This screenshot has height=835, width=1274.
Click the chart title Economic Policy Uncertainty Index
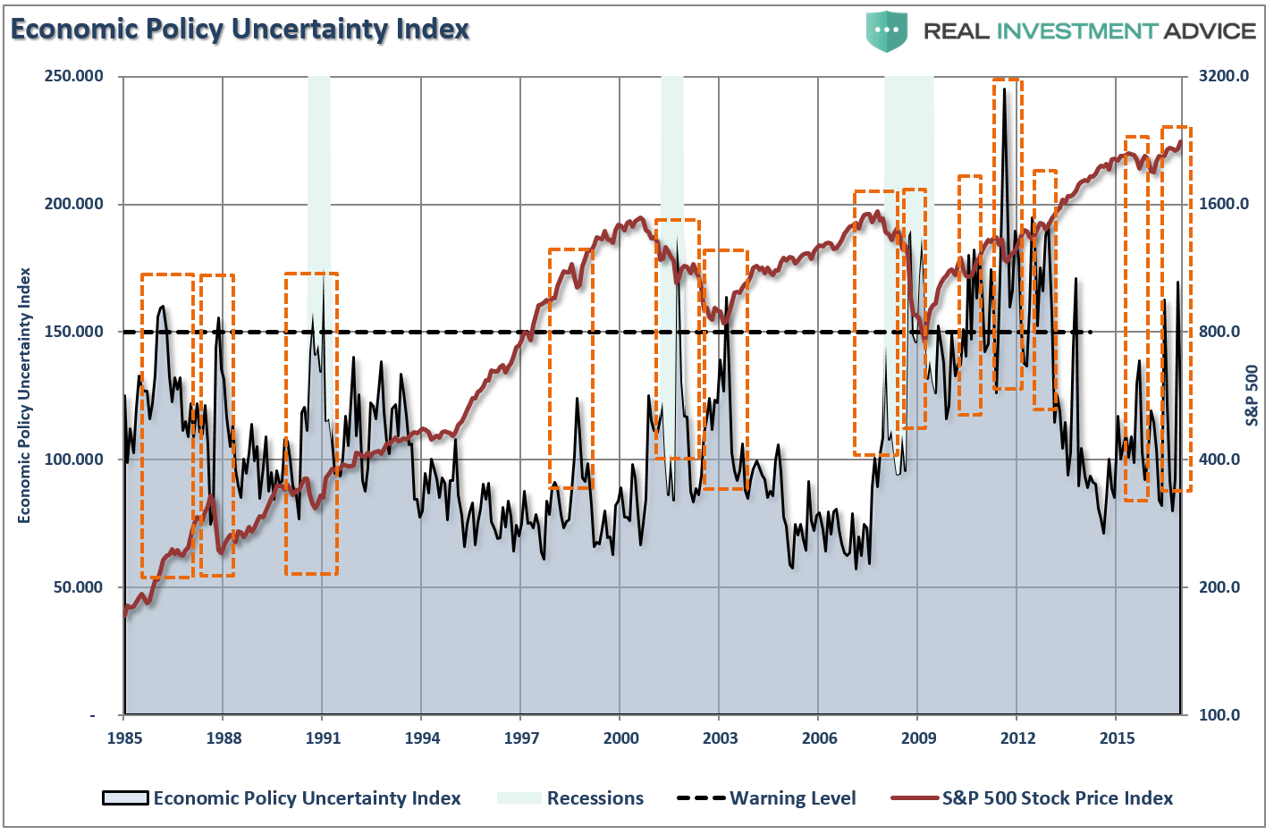point(240,30)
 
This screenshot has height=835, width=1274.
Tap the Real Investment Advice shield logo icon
point(886,30)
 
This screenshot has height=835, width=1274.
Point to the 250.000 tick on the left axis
point(74,76)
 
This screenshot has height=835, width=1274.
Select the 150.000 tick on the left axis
point(74,332)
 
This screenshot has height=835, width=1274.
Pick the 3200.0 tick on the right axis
point(1223,76)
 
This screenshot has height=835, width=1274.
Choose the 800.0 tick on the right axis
point(1219,332)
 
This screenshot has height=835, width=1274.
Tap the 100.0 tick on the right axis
point(1219,715)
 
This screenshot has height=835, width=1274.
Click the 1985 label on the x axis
point(124,738)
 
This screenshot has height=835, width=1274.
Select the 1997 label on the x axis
point(521,738)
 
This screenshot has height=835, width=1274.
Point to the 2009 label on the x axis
point(918,738)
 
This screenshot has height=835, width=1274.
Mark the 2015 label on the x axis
point(1117,738)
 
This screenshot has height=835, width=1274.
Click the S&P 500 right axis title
point(1252,395)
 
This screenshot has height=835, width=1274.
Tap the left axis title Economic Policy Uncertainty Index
point(24,395)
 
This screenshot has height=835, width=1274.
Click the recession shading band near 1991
point(319,179)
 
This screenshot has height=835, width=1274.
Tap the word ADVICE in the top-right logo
point(1210,31)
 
